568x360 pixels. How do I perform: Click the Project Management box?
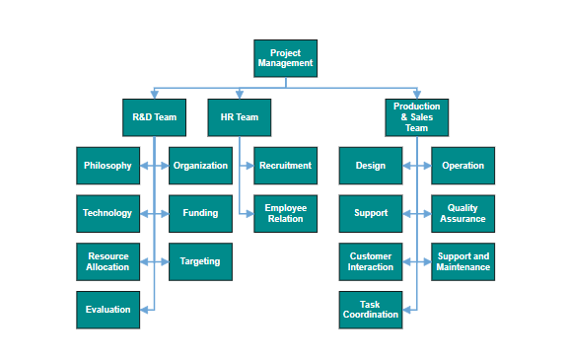pos(286,58)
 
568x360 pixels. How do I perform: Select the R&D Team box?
pos(154,117)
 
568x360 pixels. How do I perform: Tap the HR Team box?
pos(239,117)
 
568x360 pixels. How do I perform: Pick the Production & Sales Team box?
pos(416,117)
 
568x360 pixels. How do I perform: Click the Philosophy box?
pos(107,166)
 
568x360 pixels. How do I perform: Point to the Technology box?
pos(107,214)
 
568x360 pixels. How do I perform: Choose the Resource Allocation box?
pos(107,261)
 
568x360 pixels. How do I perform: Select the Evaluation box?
pos(107,310)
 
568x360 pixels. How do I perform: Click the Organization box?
pos(200,166)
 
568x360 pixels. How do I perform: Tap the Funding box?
pos(200,214)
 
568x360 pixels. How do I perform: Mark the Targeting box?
pos(200,261)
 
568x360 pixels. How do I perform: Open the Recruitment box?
pos(286,166)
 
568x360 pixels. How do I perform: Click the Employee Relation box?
pos(286,214)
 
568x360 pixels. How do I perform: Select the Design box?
pos(371,166)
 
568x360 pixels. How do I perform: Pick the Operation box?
pos(462,166)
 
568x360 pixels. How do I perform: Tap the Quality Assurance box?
pos(462,214)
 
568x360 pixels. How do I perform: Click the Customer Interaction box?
pos(371,261)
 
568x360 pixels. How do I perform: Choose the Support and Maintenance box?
pos(462,261)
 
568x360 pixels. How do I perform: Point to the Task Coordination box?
pos(371,310)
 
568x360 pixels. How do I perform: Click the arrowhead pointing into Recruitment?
pos(250,166)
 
